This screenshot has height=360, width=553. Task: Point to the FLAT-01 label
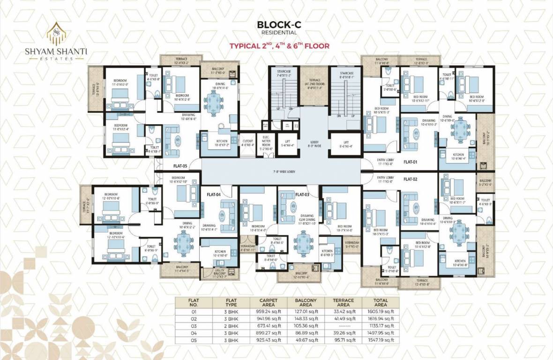pyautogui.click(x=411, y=162)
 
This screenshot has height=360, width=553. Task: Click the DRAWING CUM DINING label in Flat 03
pyautogui.click(x=307, y=218)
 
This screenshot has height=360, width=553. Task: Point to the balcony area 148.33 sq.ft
pyautogui.click(x=307, y=318)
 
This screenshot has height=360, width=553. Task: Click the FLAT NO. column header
pyautogui.click(x=194, y=302)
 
